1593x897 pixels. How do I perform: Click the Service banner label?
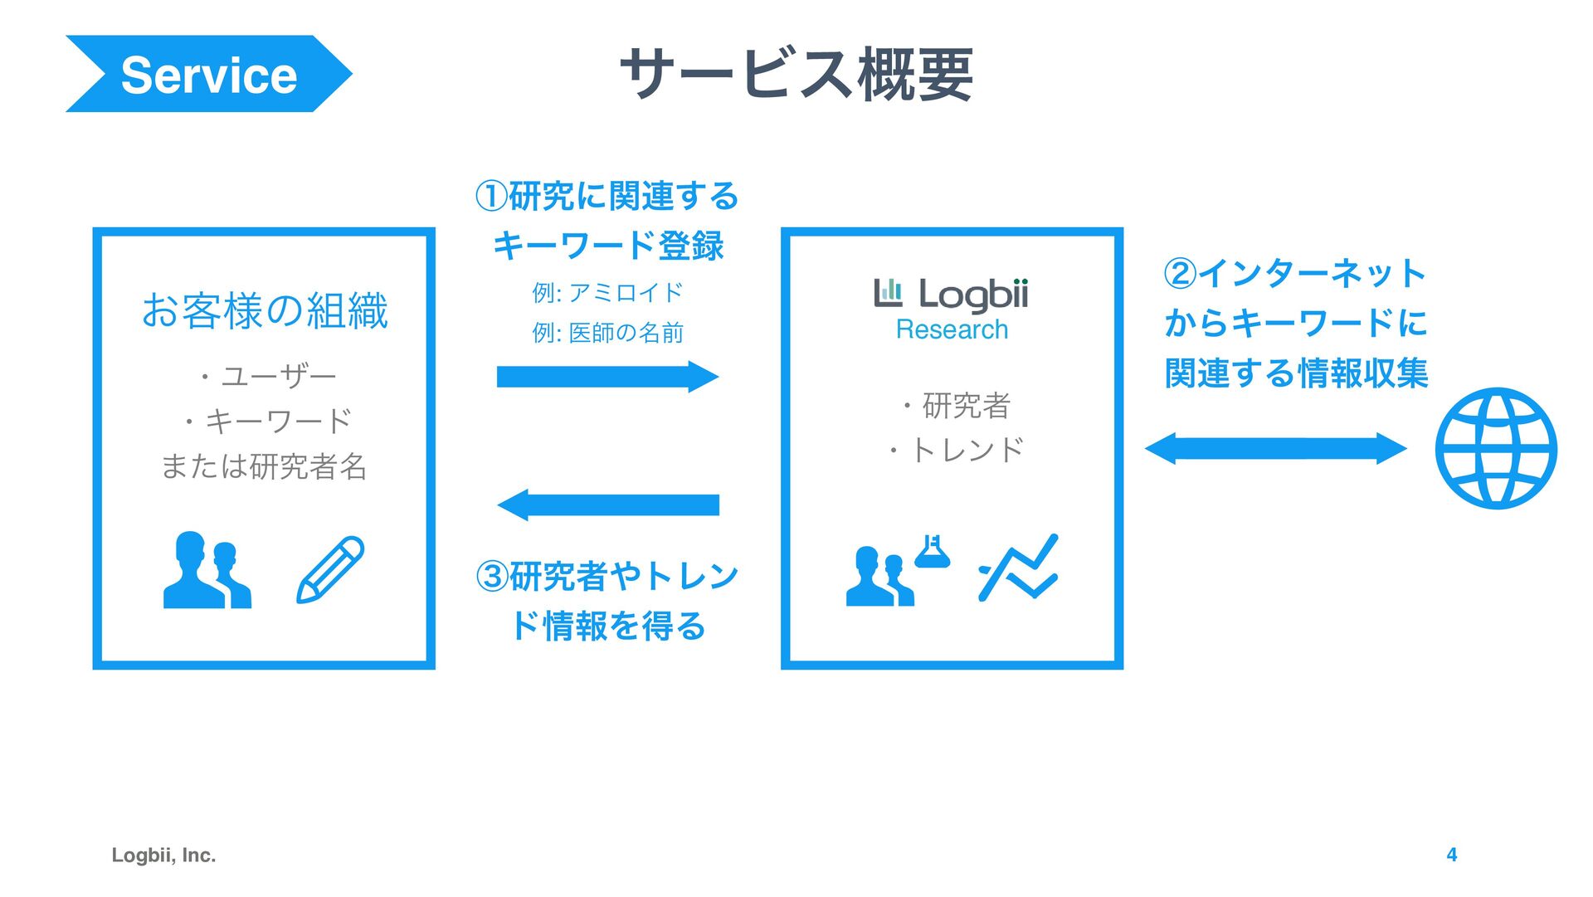tap(208, 75)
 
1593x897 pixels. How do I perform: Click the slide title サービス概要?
tap(796, 74)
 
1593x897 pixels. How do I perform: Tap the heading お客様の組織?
tap(265, 311)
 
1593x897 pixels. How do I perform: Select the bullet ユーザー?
tap(269, 377)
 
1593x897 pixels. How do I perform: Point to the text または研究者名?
tap(264, 466)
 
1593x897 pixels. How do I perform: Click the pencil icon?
tap(330, 569)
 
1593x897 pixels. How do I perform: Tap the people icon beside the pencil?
tap(207, 571)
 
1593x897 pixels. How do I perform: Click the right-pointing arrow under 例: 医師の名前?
tap(607, 377)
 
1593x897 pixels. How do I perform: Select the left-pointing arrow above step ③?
tap(607, 505)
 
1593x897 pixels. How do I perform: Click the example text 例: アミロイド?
tap(607, 292)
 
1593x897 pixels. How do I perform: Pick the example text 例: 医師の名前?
tap(607, 333)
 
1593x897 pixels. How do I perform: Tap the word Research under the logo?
tap(952, 329)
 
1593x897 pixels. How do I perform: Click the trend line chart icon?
tap(1019, 568)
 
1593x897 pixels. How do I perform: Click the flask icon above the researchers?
tap(932, 551)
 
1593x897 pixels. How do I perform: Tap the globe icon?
tap(1496, 448)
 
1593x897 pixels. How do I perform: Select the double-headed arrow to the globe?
tap(1275, 448)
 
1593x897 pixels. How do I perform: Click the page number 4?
tap(1451, 855)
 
